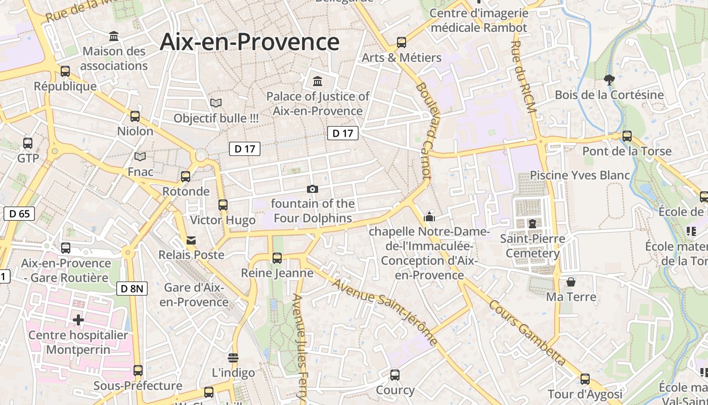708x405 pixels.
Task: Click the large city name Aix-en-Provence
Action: click(x=249, y=42)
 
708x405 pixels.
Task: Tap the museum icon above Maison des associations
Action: click(x=114, y=36)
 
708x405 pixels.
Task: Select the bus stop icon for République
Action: click(x=65, y=71)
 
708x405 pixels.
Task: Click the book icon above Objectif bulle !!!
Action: click(x=216, y=103)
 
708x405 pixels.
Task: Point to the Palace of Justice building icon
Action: click(x=318, y=81)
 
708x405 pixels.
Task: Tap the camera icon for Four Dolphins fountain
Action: click(x=313, y=189)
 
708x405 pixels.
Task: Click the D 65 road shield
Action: click(x=19, y=214)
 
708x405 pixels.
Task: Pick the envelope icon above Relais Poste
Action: click(x=191, y=240)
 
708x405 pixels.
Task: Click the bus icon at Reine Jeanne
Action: click(x=277, y=258)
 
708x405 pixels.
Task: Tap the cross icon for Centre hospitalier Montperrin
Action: click(x=78, y=320)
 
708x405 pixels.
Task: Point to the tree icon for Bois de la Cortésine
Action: click(x=609, y=79)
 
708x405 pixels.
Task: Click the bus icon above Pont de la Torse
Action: click(x=627, y=136)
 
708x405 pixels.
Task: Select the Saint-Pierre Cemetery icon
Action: click(x=532, y=223)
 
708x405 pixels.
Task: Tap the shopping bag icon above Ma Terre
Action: click(x=571, y=282)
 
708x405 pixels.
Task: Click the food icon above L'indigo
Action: click(x=233, y=358)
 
